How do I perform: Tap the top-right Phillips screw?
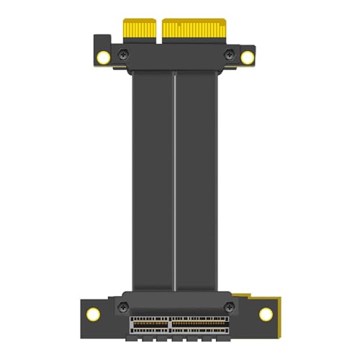coord(230,55)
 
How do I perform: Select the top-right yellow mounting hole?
coord(248,57)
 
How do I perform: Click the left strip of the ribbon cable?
coord(152,180)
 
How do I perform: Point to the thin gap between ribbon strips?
coord(175,180)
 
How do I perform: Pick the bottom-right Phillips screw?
coord(230,308)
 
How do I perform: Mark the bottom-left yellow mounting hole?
coord(93,313)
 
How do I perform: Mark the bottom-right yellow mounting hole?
coord(266,314)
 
